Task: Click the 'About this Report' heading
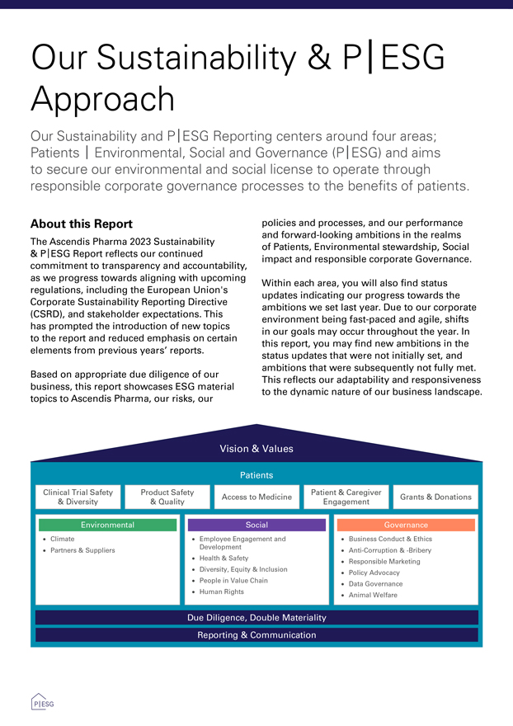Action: pos(81,224)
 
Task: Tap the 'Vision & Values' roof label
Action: pos(256,449)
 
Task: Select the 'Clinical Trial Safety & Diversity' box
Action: pos(78,497)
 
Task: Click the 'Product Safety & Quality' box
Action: pos(167,497)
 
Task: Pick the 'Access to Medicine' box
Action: pos(256,497)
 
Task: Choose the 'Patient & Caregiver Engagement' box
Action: pos(346,497)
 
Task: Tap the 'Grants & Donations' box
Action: pos(435,497)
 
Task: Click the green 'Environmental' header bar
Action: pos(107,525)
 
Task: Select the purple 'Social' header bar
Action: pos(256,525)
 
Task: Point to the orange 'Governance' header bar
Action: pos(406,525)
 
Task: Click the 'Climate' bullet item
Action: pos(63,539)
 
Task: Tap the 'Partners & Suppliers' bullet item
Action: pos(82,550)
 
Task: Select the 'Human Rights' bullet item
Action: pos(221,592)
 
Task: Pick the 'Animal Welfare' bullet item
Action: pos(373,595)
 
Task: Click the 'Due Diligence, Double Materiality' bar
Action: pos(256,617)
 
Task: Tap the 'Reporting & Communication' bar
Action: pos(256,635)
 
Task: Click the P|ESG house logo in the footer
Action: pos(42,703)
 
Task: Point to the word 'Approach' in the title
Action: pos(102,99)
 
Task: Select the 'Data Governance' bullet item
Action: pos(375,583)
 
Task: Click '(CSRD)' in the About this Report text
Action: pos(49,314)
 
